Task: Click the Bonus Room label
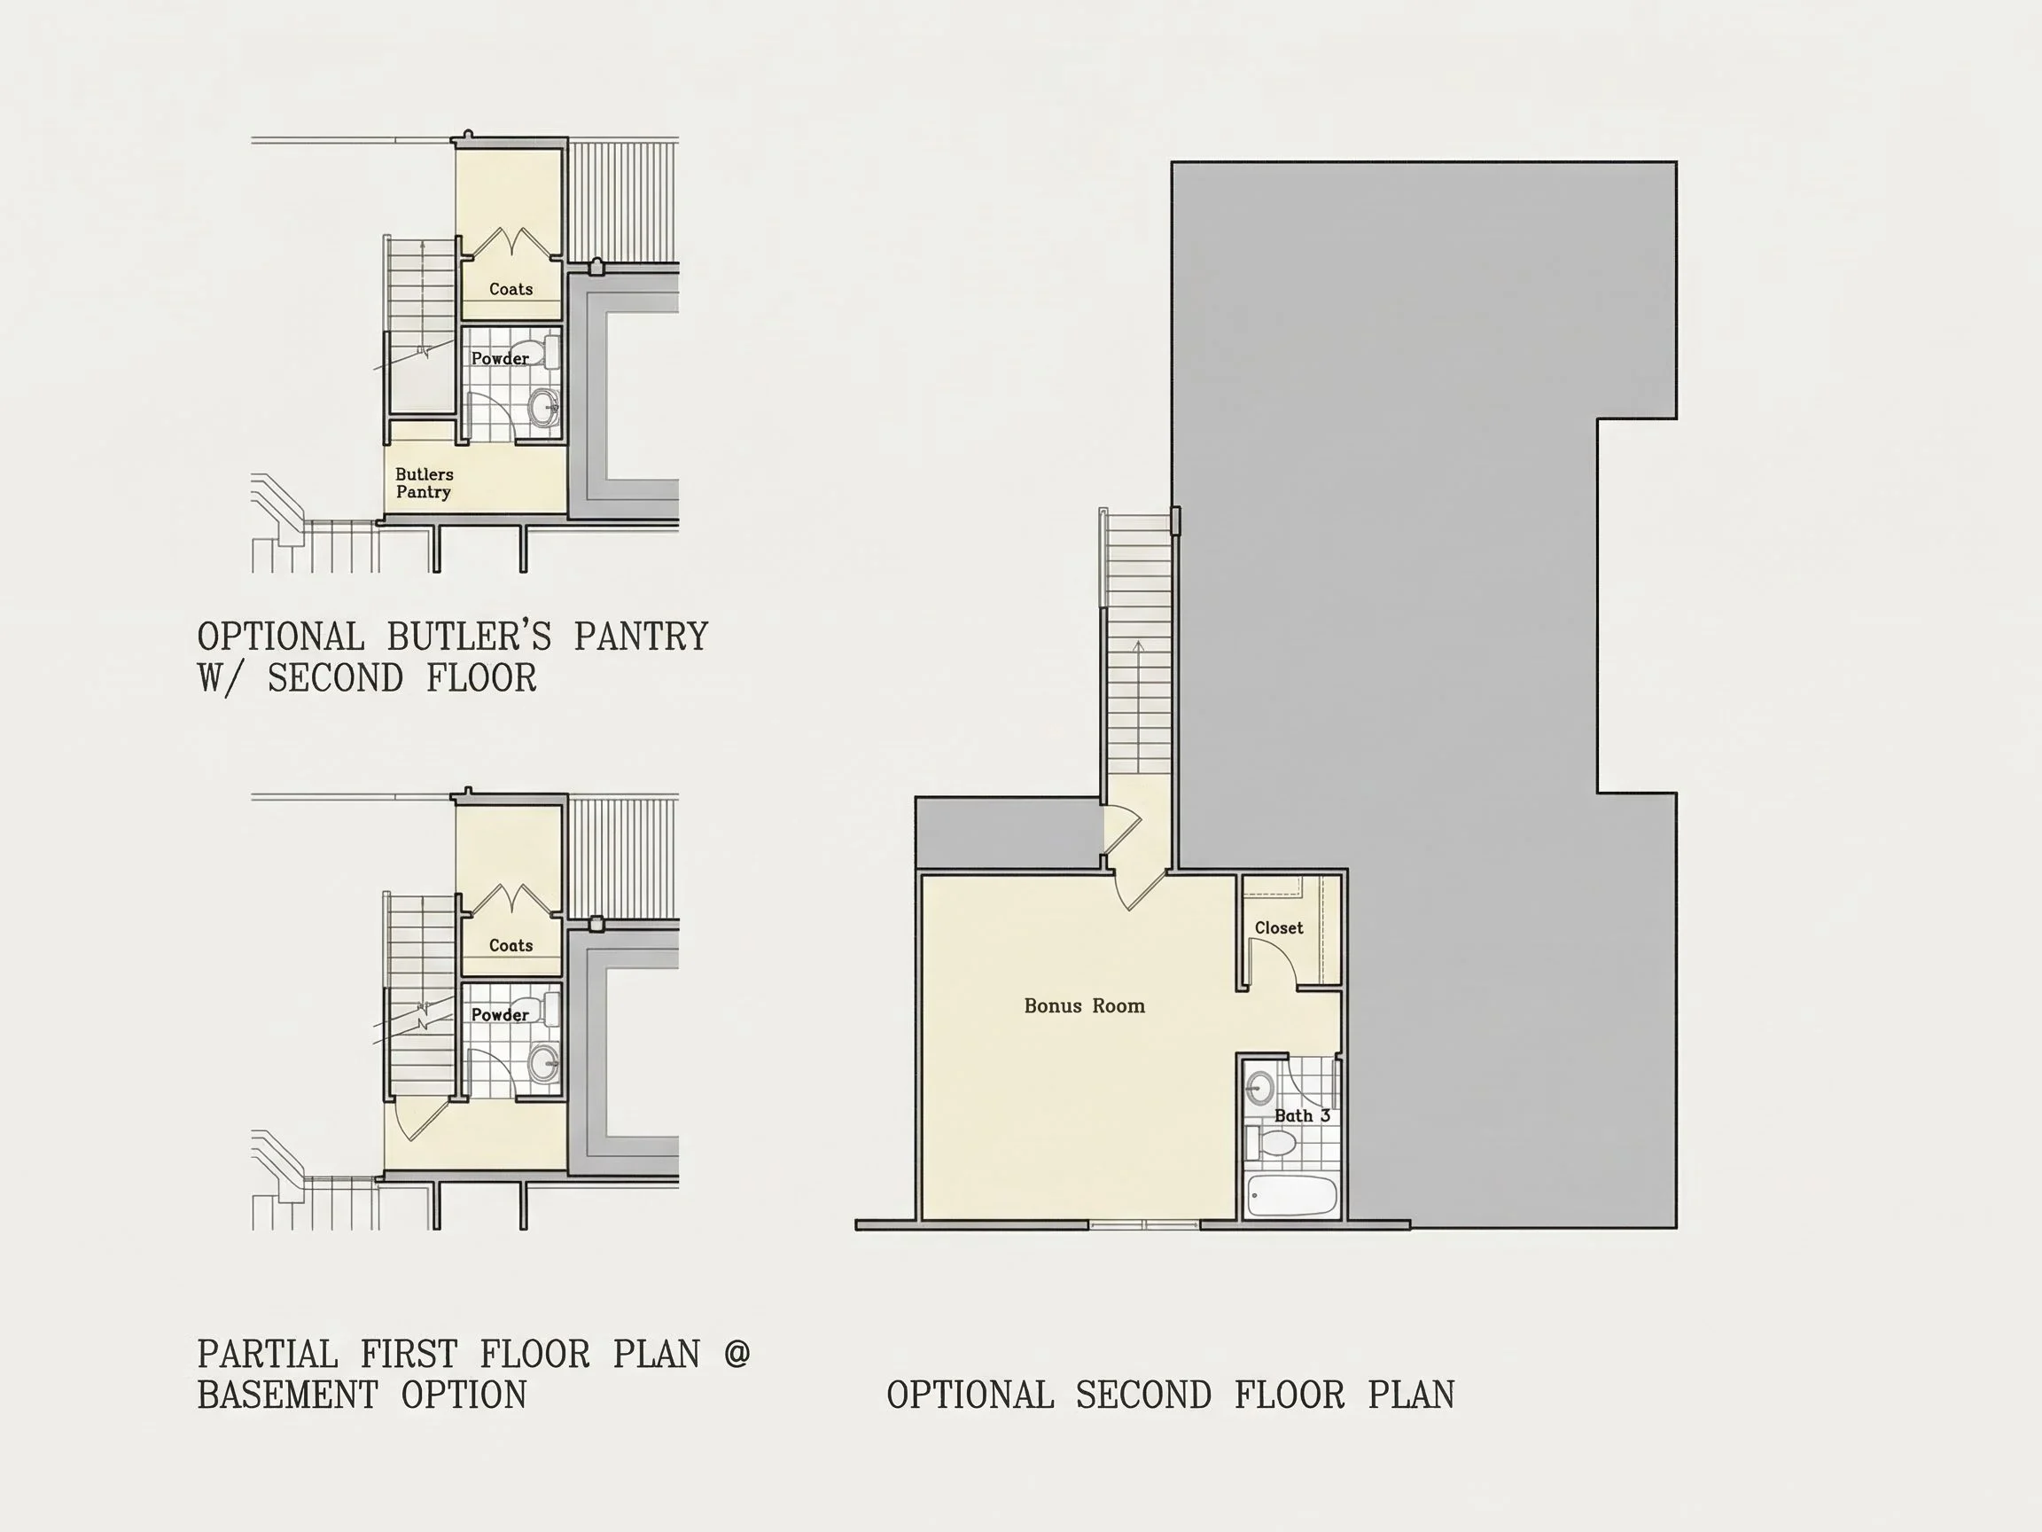[1085, 1005]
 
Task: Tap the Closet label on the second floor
[1279, 927]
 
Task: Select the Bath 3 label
[1302, 1115]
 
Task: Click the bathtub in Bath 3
[1291, 1196]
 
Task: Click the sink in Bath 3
[1259, 1089]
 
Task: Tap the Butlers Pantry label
[424, 483]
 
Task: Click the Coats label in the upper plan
[510, 289]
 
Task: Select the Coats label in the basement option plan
[510, 946]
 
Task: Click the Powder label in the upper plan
[501, 358]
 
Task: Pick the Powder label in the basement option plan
[501, 1015]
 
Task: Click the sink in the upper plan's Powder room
[545, 407]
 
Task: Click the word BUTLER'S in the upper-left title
[469, 637]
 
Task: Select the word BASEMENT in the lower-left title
[286, 1395]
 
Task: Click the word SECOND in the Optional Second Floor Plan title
[1144, 1395]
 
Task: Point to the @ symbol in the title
[737, 1354]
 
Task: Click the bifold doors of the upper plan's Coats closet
[510, 242]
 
